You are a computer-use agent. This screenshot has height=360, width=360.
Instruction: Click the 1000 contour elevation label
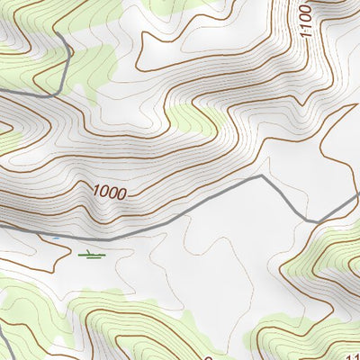tap(108, 192)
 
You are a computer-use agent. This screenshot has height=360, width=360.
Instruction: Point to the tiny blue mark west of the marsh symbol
tap(55, 238)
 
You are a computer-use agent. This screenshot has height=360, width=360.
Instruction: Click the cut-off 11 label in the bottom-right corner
tap(351, 354)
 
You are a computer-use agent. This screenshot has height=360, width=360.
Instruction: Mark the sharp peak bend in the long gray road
tap(261, 176)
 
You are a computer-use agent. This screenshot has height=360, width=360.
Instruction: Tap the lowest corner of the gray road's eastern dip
tap(313, 221)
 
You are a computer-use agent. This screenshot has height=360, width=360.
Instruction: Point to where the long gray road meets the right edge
tap(358, 193)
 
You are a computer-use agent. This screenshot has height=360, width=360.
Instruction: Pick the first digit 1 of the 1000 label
tap(94, 189)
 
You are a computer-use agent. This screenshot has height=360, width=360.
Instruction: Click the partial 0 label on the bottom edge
tap(208, 356)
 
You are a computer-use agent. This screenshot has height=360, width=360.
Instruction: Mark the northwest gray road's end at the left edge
tap(2, 90)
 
